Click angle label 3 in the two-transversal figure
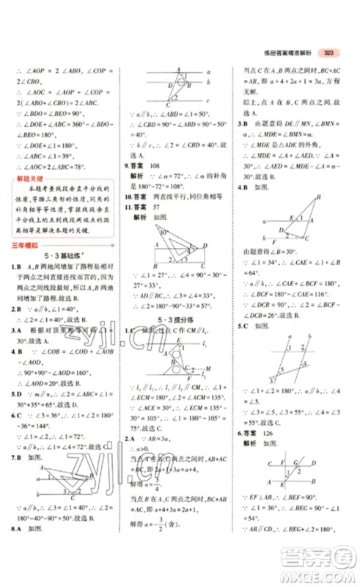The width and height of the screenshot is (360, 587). tap(272, 380)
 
